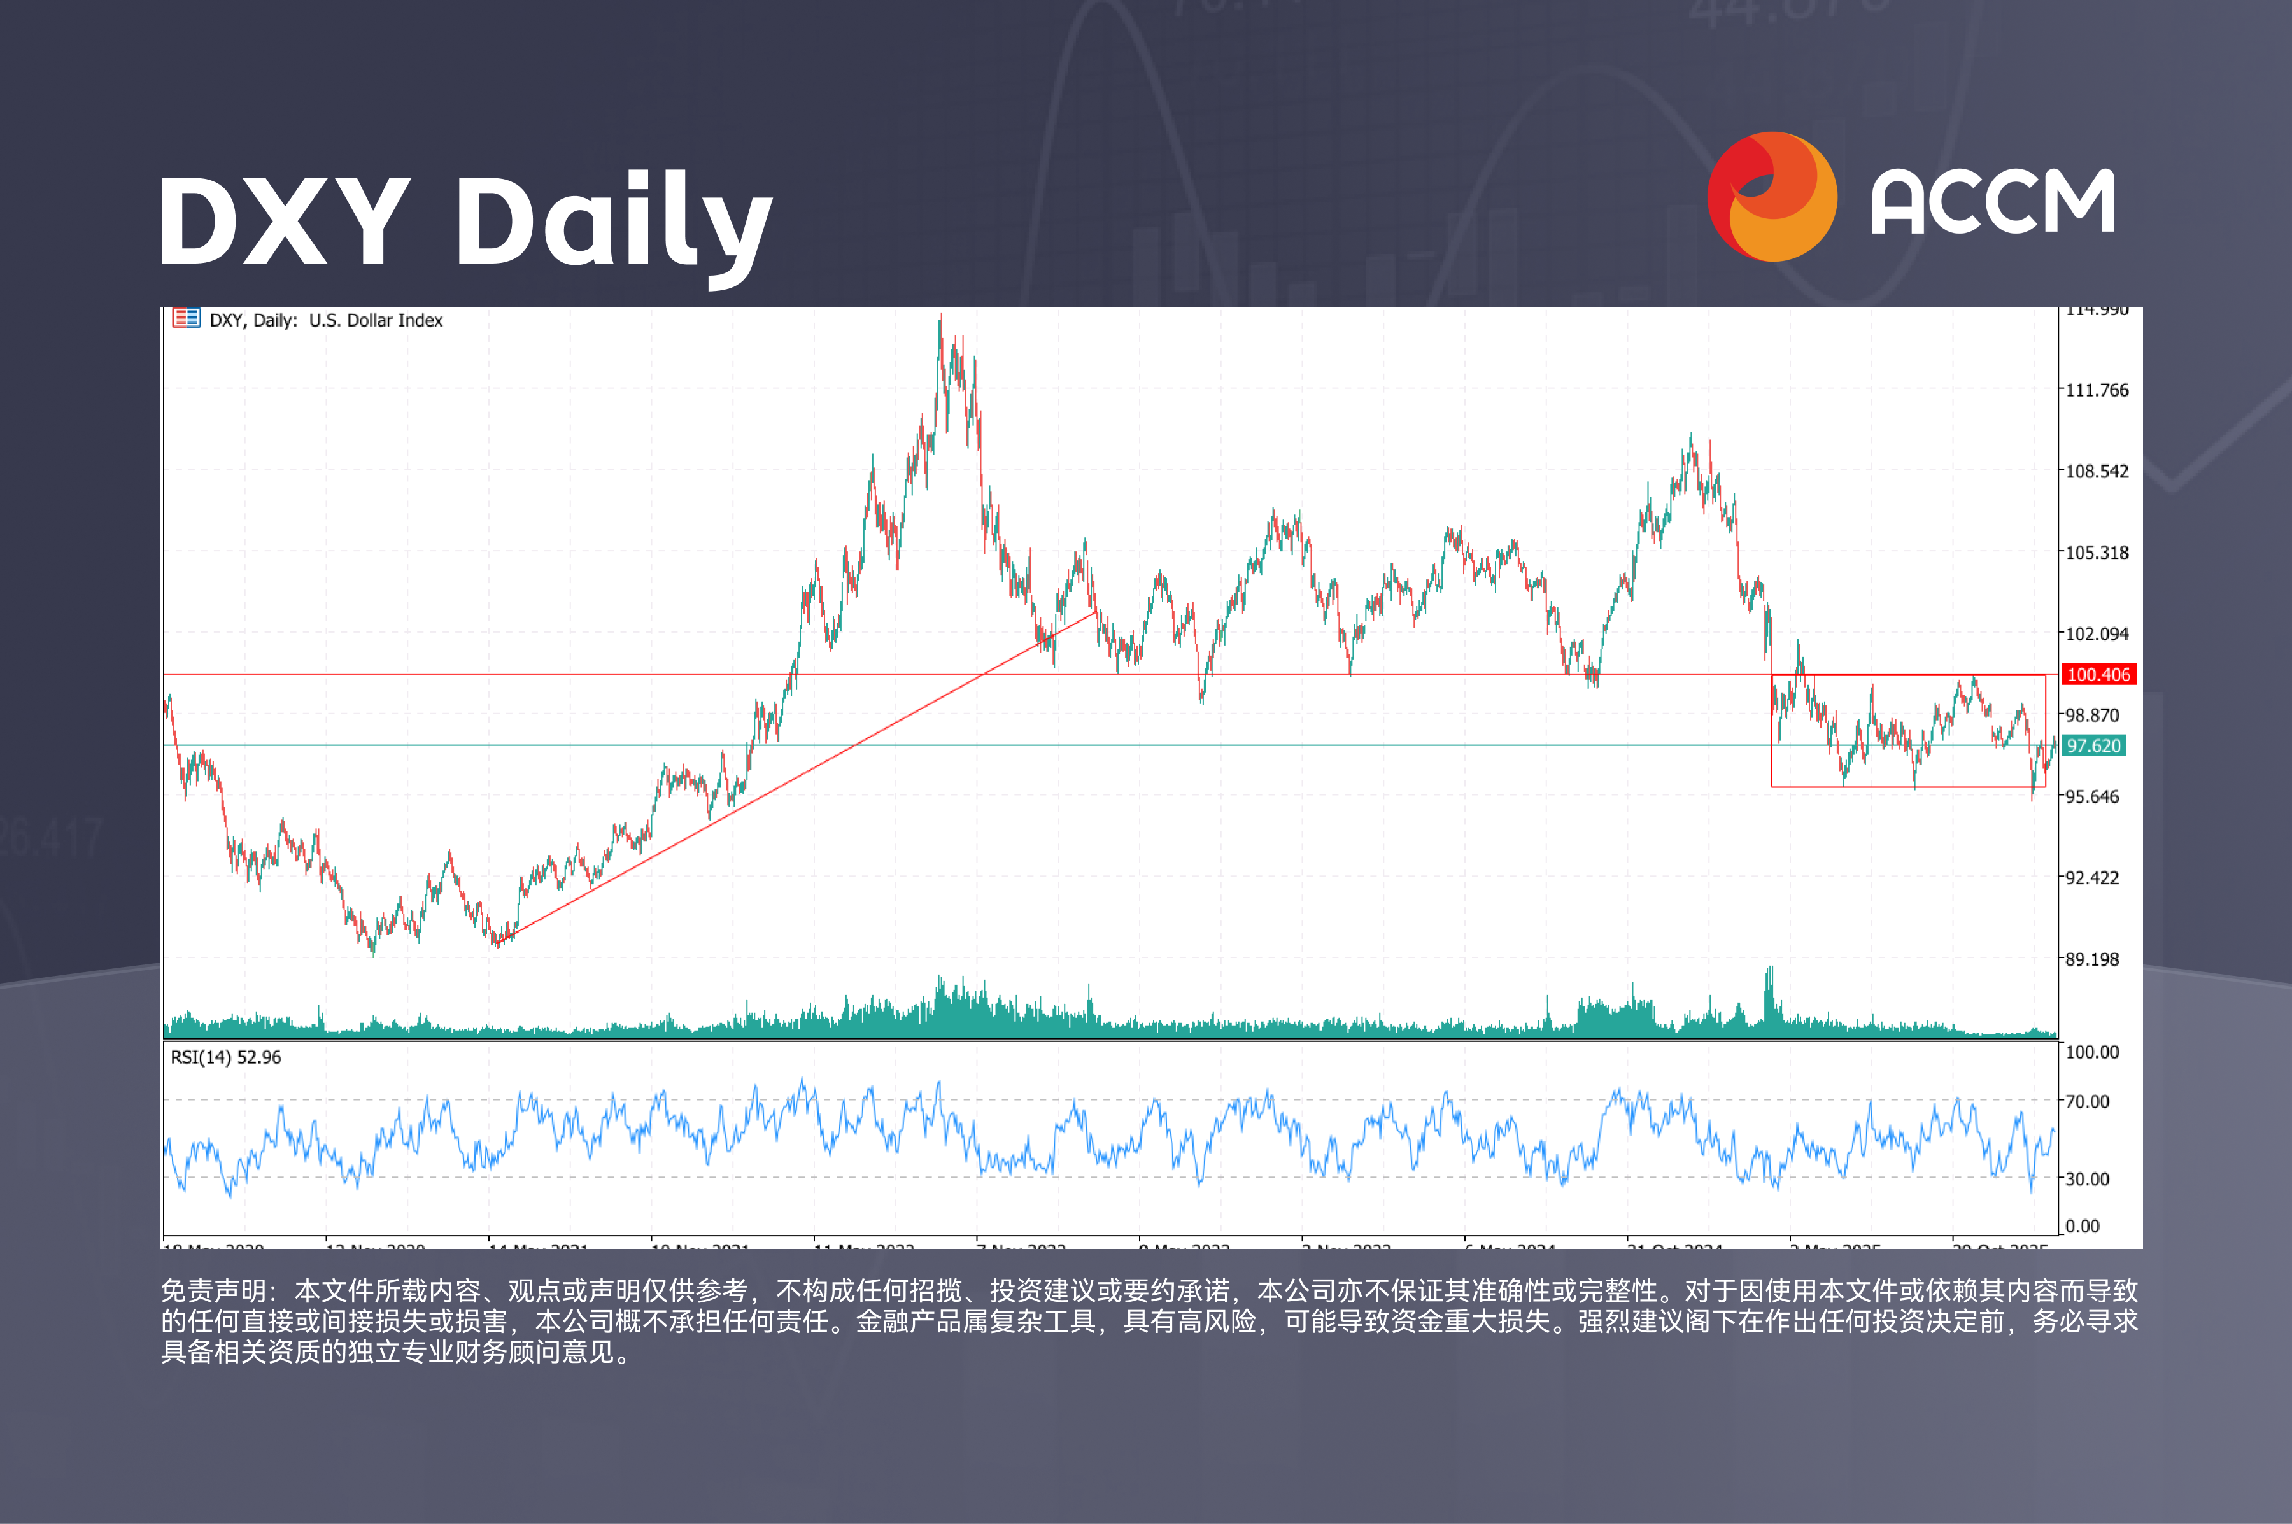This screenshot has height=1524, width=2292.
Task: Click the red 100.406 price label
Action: coord(2098,675)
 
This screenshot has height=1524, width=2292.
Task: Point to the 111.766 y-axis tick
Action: coord(2097,390)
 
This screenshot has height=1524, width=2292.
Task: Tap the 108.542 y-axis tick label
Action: coord(2097,471)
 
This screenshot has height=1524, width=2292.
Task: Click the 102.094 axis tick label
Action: coord(2097,633)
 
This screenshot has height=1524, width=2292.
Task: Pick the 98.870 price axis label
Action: coord(2091,716)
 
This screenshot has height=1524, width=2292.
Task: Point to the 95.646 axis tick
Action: coord(2091,797)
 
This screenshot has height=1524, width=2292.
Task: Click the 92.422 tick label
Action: coord(2091,878)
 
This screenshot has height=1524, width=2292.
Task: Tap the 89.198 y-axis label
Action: coord(2091,959)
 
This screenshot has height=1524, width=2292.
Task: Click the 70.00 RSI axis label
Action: coord(2087,1101)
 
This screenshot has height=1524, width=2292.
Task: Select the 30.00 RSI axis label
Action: coord(2087,1179)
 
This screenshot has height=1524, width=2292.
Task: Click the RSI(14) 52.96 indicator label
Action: coord(225,1057)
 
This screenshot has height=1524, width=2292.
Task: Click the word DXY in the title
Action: coord(284,222)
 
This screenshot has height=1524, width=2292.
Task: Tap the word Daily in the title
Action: coord(613,222)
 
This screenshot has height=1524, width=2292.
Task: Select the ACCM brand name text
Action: coord(1993,202)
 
